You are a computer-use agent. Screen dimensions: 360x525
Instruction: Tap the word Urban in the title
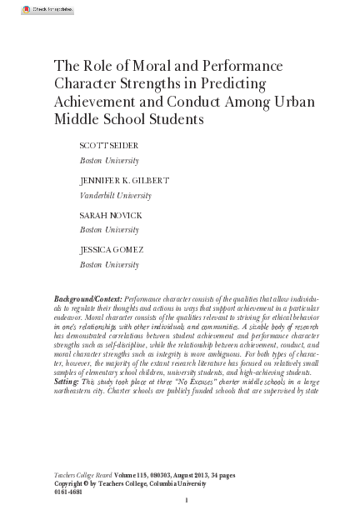click(x=282, y=102)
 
